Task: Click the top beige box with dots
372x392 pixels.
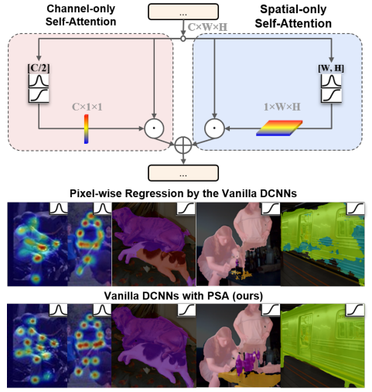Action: pyautogui.click(x=183, y=12)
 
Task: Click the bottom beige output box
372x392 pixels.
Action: pyautogui.click(x=183, y=173)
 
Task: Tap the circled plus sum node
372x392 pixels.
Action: pyautogui.click(x=183, y=145)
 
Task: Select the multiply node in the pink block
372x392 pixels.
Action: pyautogui.click(x=154, y=128)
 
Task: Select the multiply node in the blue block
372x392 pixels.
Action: pyautogui.click(x=214, y=128)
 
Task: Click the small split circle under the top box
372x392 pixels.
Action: pyautogui.click(x=183, y=39)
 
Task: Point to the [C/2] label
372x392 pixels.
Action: pyautogui.click(x=39, y=68)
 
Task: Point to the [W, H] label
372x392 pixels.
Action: pyautogui.click(x=331, y=68)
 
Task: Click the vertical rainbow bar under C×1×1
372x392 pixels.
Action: pyautogui.click(x=86, y=129)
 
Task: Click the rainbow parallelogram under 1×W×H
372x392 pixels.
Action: pyautogui.click(x=279, y=128)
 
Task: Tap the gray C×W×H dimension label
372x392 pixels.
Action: pyautogui.click(x=207, y=27)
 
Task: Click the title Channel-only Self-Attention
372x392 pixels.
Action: pyautogui.click(x=80, y=15)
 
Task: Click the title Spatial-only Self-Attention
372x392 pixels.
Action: pyautogui.click(x=293, y=16)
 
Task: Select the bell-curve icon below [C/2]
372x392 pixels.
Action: pyautogui.click(x=39, y=81)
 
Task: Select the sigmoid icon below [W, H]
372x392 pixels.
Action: pyautogui.click(x=331, y=95)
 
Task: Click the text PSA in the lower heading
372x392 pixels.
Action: pyautogui.click(x=218, y=295)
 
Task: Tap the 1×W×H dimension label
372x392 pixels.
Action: pyautogui.click(x=282, y=107)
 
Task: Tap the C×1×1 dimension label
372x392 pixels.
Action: pyautogui.click(x=87, y=107)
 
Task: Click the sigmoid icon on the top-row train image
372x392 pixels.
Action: pyautogui.click(x=355, y=209)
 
